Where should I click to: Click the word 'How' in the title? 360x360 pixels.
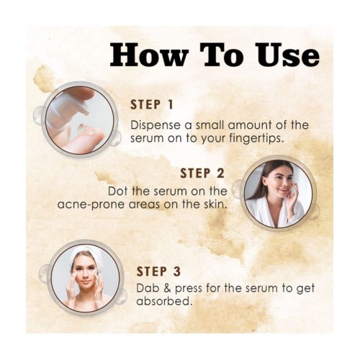[x=148, y=55]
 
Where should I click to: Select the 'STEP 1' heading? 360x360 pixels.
[x=152, y=104]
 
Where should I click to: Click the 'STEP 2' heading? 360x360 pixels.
[x=202, y=174]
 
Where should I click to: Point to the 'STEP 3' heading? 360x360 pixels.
[x=158, y=271]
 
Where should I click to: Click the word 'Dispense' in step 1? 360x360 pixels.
[x=156, y=125]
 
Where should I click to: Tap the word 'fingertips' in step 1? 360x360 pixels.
[x=253, y=139]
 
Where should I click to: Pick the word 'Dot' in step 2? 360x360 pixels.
[x=117, y=191]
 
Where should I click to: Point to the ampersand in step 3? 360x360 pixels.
[x=167, y=288]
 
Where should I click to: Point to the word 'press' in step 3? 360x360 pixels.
[x=189, y=289]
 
